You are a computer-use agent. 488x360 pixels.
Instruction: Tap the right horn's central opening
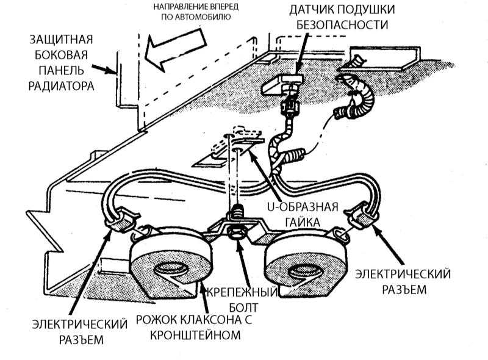click(303, 268)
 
